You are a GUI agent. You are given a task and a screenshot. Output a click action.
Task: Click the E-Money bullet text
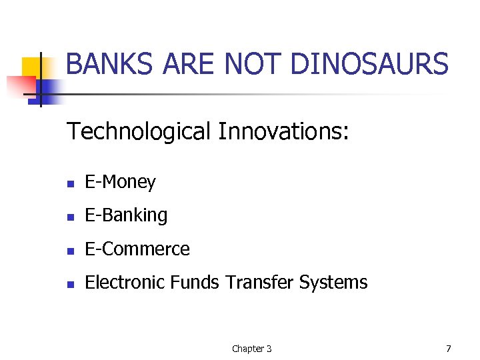[120, 182]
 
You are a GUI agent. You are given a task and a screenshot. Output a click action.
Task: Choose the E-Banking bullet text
[126, 215]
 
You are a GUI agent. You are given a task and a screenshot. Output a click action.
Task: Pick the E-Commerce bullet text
[137, 249]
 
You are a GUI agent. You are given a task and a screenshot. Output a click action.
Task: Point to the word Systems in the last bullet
[333, 282]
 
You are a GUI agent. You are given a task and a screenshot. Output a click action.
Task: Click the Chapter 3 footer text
[251, 349]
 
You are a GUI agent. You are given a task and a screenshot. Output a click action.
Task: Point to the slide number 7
[448, 349]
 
